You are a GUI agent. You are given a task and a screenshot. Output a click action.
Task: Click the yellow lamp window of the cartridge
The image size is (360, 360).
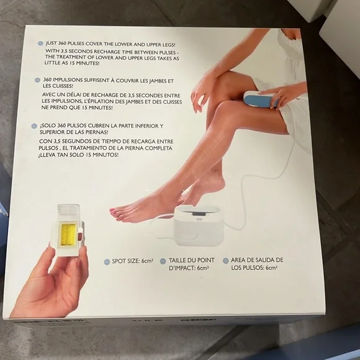(67, 235)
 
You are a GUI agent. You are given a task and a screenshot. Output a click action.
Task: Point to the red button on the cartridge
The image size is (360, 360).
(80, 236)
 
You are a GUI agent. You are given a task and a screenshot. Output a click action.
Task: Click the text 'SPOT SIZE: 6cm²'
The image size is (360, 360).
(132, 261)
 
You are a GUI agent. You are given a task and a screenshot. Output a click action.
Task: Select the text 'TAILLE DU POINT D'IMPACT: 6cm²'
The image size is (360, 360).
(192, 264)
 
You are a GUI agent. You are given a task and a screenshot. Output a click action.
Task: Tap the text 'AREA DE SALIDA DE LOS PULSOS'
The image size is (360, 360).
(257, 264)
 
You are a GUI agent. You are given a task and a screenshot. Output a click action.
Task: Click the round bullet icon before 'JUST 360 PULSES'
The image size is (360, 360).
(40, 43)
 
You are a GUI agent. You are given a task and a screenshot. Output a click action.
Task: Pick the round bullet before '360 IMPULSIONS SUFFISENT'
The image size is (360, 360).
(37, 80)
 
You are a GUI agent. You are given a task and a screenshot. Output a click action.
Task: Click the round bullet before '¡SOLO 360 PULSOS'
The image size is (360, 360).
(34, 126)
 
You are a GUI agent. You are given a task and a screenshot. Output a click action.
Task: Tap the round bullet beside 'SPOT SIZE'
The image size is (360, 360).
(107, 262)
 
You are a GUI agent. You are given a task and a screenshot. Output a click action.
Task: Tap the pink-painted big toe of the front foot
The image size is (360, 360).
(113, 212)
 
